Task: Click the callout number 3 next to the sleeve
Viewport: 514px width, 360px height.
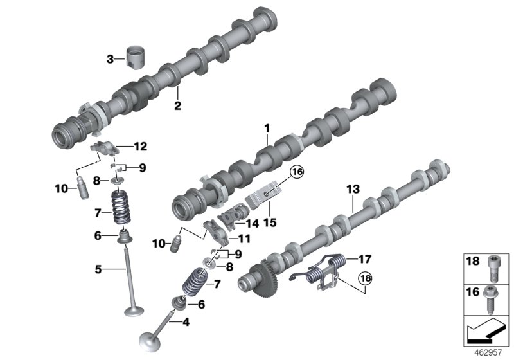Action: click(x=110, y=60)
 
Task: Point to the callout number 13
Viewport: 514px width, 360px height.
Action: click(x=351, y=189)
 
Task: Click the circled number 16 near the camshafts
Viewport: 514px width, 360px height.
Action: click(x=298, y=172)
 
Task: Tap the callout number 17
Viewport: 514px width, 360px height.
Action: click(x=364, y=259)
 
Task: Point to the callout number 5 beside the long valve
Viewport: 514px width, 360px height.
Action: click(x=98, y=269)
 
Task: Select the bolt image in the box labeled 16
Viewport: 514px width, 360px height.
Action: click(x=492, y=293)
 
